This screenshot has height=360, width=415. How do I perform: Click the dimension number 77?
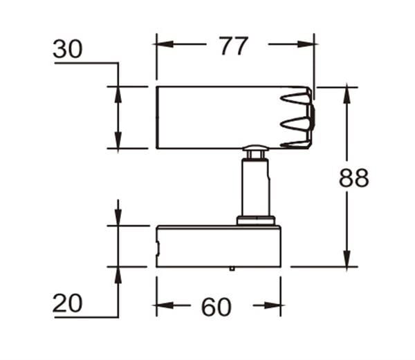click(234, 46)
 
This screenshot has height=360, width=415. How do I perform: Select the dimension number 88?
click(354, 178)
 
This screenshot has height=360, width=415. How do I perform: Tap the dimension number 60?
click(216, 307)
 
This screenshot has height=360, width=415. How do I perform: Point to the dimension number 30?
click(68, 49)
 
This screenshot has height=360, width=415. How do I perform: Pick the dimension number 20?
click(68, 303)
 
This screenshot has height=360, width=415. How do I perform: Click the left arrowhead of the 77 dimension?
click(164, 44)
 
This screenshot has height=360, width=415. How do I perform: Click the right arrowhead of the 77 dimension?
click(306, 44)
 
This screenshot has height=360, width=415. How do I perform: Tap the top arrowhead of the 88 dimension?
click(347, 95)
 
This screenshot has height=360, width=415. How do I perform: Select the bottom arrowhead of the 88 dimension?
click(347, 258)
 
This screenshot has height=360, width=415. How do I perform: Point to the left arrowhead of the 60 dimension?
click(165, 305)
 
